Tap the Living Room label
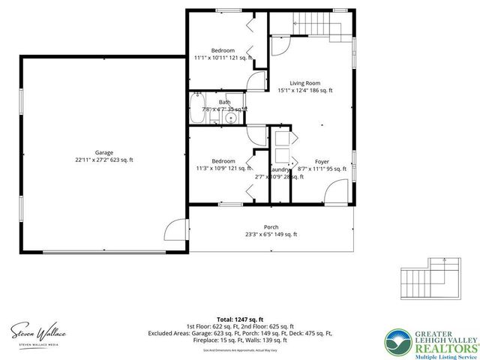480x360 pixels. pos(305,82)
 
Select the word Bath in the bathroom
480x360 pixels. pos(224,102)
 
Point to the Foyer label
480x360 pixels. pos(322,161)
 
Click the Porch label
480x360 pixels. pos(270,226)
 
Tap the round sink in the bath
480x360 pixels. pos(232,117)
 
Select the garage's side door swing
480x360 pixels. pos(176,229)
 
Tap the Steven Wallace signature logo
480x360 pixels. pos(38,331)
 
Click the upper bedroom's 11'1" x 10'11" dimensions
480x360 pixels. pos(223,57)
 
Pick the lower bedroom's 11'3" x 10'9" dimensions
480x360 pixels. pos(223,168)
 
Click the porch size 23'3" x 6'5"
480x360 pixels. pos(270,235)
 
